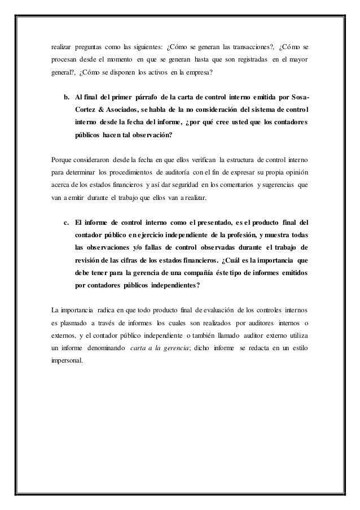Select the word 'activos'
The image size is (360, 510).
point(144,73)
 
